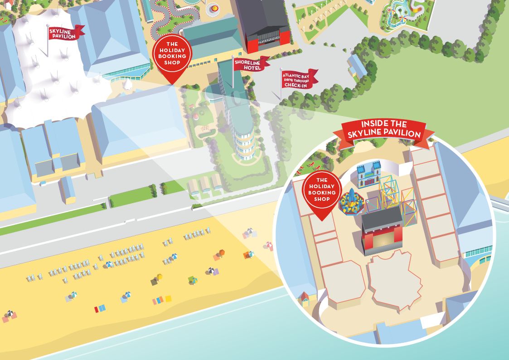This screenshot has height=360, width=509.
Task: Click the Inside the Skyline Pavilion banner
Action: (x=383, y=130)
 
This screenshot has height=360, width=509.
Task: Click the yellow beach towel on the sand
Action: (x=168, y=299)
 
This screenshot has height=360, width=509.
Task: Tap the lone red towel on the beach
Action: (x=97, y=309)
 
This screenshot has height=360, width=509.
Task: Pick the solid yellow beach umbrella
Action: (x=159, y=276)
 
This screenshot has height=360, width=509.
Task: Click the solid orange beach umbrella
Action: (x=221, y=252)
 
